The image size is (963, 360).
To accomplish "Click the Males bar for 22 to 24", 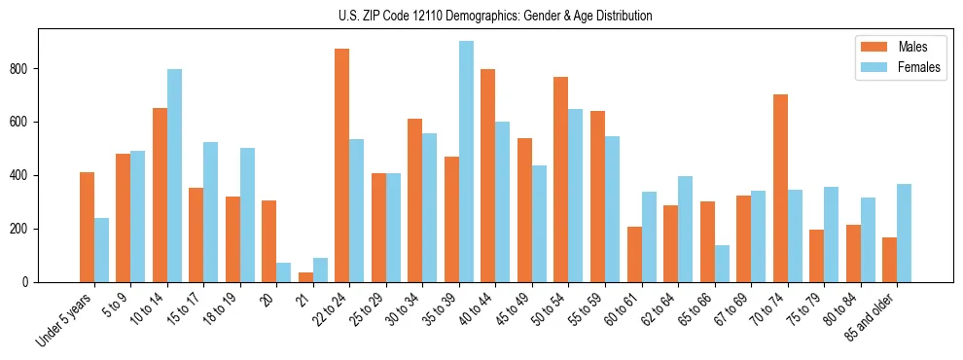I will (x=342, y=165).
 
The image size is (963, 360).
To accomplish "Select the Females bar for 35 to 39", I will (x=466, y=162).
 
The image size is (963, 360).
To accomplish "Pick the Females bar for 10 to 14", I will (x=174, y=175).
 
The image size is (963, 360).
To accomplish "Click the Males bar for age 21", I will (x=305, y=277).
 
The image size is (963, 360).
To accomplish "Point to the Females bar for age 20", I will (x=283, y=272).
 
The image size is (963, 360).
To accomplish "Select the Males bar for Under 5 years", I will (x=87, y=227).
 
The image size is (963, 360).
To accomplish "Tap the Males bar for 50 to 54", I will (x=561, y=179).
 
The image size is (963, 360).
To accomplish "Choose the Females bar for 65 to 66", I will (x=722, y=264).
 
